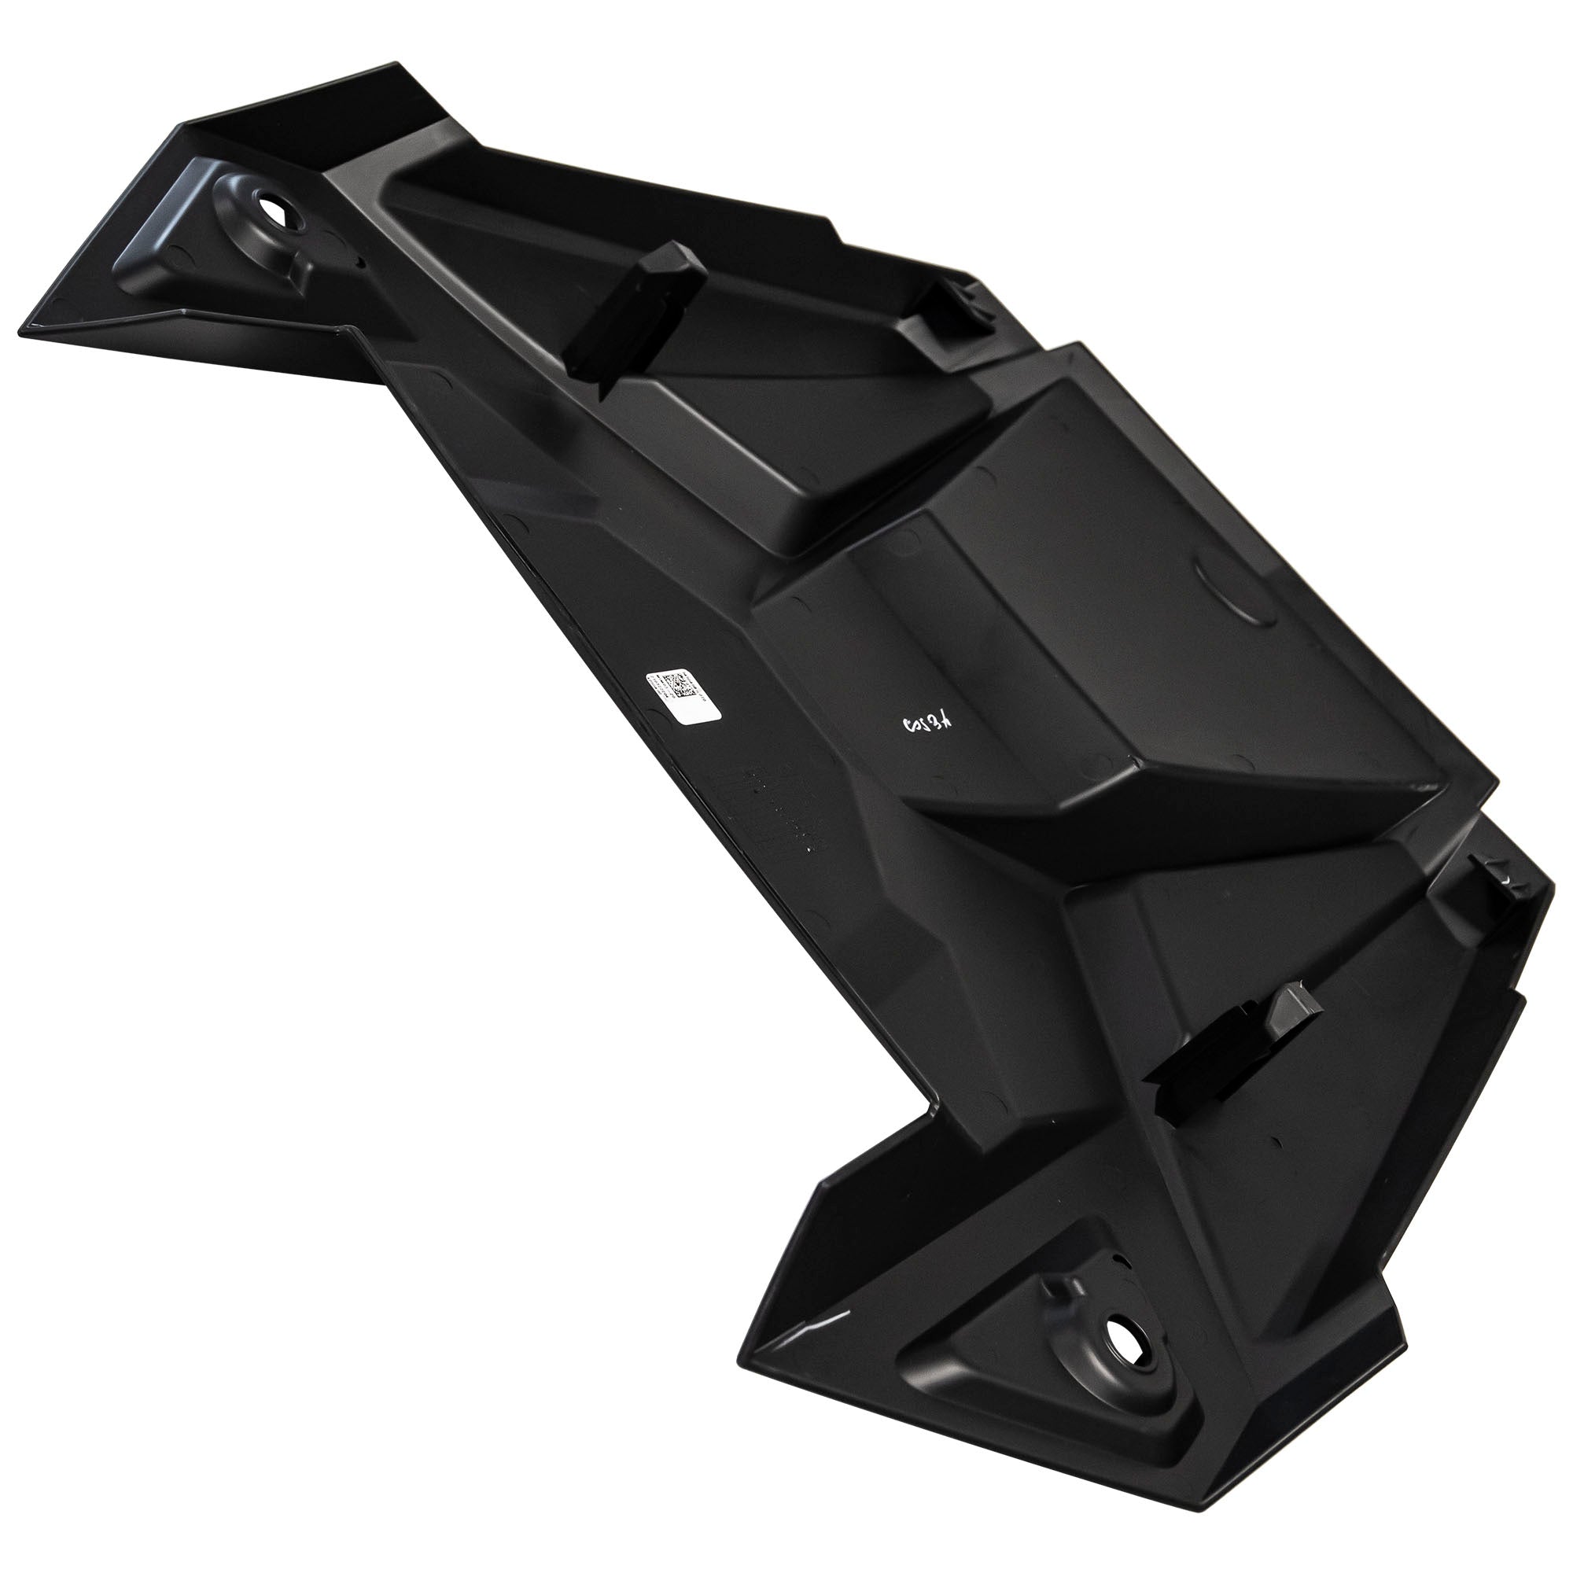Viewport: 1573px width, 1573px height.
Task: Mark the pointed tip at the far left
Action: click(20, 330)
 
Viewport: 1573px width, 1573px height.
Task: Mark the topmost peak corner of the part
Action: click(396, 62)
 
